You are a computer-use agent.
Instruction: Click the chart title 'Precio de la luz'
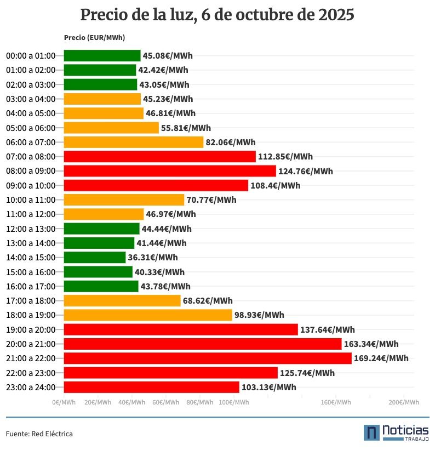[x=217, y=15]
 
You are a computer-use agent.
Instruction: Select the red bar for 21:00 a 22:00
[x=207, y=358]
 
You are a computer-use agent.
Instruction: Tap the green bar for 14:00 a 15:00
[x=95, y=257]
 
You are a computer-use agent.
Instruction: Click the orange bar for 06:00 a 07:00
[x=134, y=142]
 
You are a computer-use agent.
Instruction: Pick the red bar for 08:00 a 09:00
[x=170, y=171]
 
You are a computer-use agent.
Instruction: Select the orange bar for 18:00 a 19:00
[x=148, y=315]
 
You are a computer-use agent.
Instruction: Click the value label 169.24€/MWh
[x=381, y=358]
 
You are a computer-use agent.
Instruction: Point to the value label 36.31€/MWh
[x=153, y=257]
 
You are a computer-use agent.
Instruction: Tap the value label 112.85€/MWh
[x=285, y=156]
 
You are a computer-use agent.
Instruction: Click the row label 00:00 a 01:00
[x=31, y=55]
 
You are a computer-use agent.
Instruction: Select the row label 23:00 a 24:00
[x=31, y=387]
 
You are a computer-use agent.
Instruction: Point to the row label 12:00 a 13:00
[x=31, y=229]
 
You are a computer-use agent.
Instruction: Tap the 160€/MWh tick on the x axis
[x=336, y=402]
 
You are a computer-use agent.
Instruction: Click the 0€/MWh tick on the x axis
[x=64, y=402]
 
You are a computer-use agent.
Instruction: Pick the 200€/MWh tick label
[x=404, y=402]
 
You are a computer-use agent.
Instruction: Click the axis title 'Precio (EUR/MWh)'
[x=94, y=37]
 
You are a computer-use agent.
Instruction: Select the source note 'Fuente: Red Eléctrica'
[x=39, y=434]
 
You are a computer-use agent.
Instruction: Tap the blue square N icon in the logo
[x=371, y=432]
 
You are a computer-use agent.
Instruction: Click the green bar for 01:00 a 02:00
[x=100, y=70]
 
